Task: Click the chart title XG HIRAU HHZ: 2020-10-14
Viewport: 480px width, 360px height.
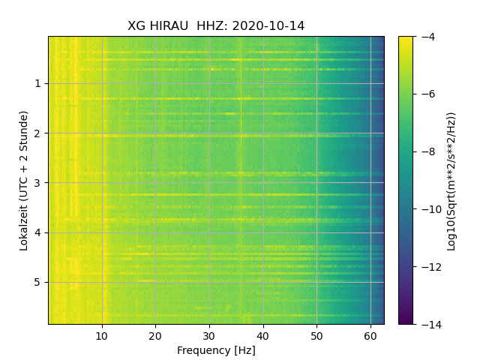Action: pos(216,26)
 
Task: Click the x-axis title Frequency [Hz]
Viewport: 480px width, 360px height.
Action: pos(216,350)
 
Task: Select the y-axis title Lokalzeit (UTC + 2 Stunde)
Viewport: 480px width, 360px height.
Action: pos(24,180)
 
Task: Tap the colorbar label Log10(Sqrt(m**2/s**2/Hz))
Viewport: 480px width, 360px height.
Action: pos(451,180)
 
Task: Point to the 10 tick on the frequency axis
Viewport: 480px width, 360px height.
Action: pos(102,335)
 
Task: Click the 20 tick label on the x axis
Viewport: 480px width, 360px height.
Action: pos(155,335)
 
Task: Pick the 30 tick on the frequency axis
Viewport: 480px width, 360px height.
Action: pos(209,335)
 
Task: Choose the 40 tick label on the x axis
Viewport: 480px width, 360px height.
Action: pos(262,335)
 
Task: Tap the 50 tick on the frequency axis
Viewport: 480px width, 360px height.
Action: pos(316,335)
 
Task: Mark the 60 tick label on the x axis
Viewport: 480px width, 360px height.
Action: pos(370,335)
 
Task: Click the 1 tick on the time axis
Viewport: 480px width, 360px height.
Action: pos(37,83)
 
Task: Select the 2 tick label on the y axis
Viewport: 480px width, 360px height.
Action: pos(37,133)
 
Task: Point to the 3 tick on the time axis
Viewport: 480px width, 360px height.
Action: pos(37,183)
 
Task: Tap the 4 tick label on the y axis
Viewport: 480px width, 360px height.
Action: pos(37,232)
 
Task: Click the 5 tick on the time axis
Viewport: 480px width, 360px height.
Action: pos(37,282)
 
